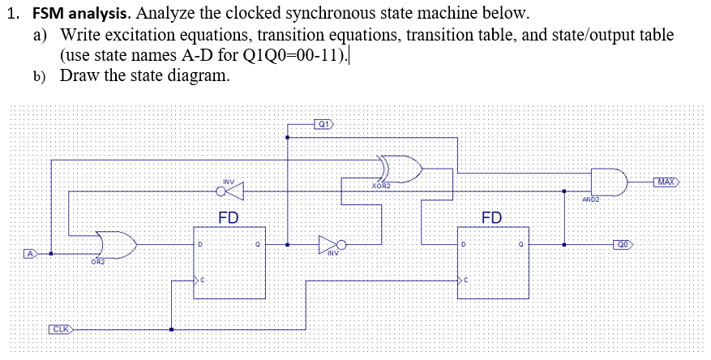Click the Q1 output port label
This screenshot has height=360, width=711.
[x=323, y=124]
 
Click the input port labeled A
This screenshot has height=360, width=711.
[x=30, y=254]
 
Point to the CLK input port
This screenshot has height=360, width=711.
[x=62, y=329]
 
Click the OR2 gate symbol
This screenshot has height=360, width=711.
[x=114, y=243]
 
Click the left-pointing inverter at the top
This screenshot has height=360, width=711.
[x=230, y=192]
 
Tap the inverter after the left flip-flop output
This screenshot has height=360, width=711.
[x=332, y=243]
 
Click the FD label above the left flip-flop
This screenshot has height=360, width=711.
[x=229, y=217]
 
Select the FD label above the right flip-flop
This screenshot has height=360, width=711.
[x=491, y=217]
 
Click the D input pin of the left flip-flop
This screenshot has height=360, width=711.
[x=199, y=243]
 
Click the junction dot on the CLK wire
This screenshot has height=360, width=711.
[x=171, y=329]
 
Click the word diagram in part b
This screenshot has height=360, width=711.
[x=196, y=75]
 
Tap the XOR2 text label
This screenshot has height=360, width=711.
[x=380, y=186]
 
